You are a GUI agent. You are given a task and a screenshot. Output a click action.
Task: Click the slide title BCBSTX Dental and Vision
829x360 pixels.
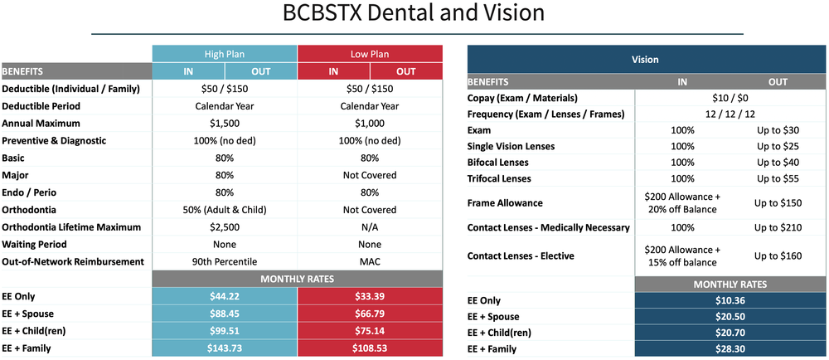(x=414, y=14)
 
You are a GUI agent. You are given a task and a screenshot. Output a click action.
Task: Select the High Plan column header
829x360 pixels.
(x=225, y=54)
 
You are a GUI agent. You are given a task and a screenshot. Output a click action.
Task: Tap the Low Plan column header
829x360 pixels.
(x=370, y=54)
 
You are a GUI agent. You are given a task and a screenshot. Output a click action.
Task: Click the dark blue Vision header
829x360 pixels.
(x=645, y=59)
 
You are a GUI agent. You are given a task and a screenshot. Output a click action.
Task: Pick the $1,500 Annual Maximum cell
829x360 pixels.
(x=225, y=124)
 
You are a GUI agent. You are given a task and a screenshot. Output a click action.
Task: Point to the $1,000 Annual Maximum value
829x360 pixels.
(x=370, y=124)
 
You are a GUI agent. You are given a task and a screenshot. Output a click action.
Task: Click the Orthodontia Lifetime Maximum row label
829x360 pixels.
(x=71, y=227)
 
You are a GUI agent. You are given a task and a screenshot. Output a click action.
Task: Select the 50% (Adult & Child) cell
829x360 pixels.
(x=225, y=210)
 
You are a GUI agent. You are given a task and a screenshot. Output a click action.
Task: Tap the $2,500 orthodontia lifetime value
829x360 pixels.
(x=225, y=227)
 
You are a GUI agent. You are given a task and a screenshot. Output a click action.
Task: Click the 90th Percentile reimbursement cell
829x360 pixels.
(x=225, y=261)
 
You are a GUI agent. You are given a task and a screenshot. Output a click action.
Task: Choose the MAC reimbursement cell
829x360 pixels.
(x=370, y=261)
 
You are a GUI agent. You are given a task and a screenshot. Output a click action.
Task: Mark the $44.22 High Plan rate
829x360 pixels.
(x=225, y=297)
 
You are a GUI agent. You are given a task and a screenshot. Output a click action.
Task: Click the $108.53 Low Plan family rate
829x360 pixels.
(x=370, y=348)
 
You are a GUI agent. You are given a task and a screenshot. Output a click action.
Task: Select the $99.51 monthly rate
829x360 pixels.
(x=225, y=331)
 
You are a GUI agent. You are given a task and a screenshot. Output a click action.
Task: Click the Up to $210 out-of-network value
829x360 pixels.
(x=778, y=228)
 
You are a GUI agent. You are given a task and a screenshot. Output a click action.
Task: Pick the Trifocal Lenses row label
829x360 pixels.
(x=499, y=178)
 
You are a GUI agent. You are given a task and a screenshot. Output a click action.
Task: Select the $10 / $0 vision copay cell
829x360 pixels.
(x=730, y=98)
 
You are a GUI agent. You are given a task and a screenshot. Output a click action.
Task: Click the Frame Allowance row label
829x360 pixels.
(x=505, y=203)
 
